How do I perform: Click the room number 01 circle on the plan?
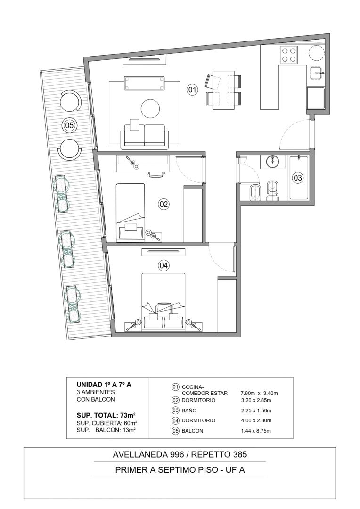192,90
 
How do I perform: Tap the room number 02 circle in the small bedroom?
164,204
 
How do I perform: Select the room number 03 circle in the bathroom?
298,178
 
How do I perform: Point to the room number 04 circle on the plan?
164,265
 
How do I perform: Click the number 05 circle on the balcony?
69,125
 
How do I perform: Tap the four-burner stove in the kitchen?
290,55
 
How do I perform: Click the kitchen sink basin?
317,74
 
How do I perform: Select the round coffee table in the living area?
151,108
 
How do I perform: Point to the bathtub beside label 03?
298,178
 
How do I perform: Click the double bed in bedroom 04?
164,302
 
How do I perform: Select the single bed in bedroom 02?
131,212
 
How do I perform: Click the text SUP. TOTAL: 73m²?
106,415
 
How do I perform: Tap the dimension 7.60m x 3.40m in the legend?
259,393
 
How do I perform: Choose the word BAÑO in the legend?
189,410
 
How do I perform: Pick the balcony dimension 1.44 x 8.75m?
256,431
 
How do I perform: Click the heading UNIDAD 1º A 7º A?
104,385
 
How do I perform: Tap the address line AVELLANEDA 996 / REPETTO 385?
180,454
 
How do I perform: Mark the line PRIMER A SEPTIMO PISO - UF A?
180,469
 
